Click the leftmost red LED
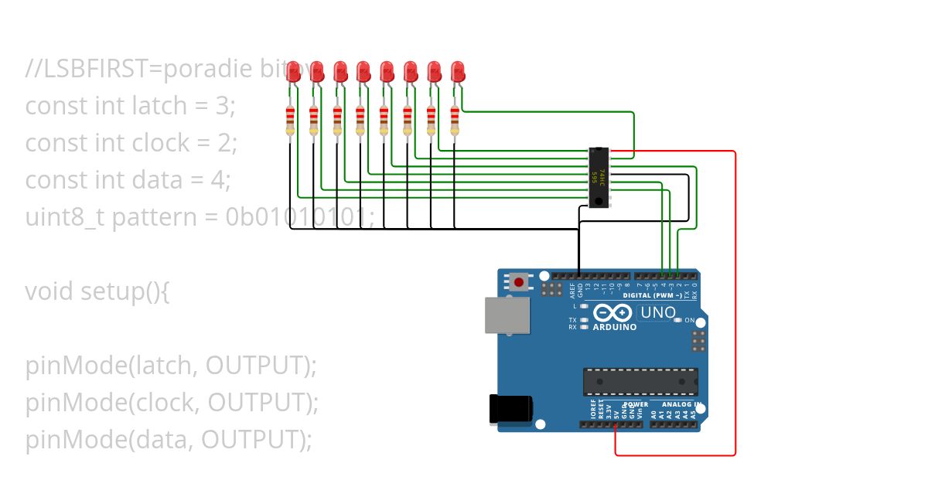coord(293,72)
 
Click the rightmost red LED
coord(457,72)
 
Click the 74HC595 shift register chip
coord(599,178)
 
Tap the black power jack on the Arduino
coord(510,409)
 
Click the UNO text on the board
coord(657,313)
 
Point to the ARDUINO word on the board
coord(615,327)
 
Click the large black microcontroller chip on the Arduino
coord(640,382)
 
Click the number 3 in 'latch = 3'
coord(223,106)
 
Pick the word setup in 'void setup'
coord(117,292)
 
